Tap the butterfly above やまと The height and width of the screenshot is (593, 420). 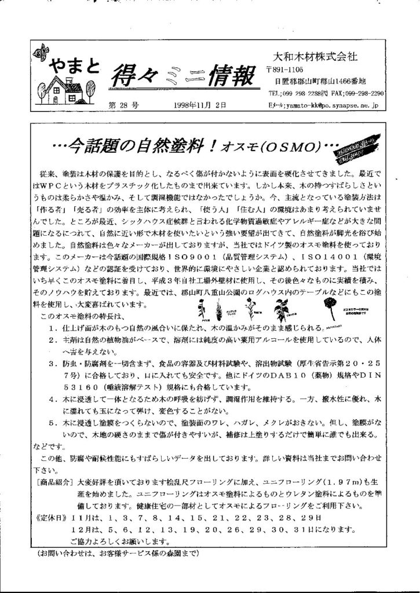click(x=41, y=52)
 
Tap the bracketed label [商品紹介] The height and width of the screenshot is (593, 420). click(x=53, y=481)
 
